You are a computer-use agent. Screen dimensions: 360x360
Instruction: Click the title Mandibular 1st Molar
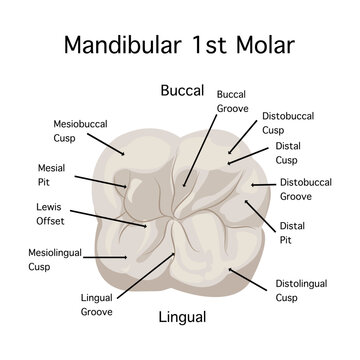(180, 44)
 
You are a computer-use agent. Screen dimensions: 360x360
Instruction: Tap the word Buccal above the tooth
(182, 90)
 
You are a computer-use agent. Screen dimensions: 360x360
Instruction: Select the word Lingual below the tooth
(182, 318)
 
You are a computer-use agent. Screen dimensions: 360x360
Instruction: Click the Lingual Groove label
(97, 304)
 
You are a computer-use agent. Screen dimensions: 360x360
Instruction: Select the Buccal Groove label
(231, 101)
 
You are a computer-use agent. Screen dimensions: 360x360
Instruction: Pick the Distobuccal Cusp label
(288, 123)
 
